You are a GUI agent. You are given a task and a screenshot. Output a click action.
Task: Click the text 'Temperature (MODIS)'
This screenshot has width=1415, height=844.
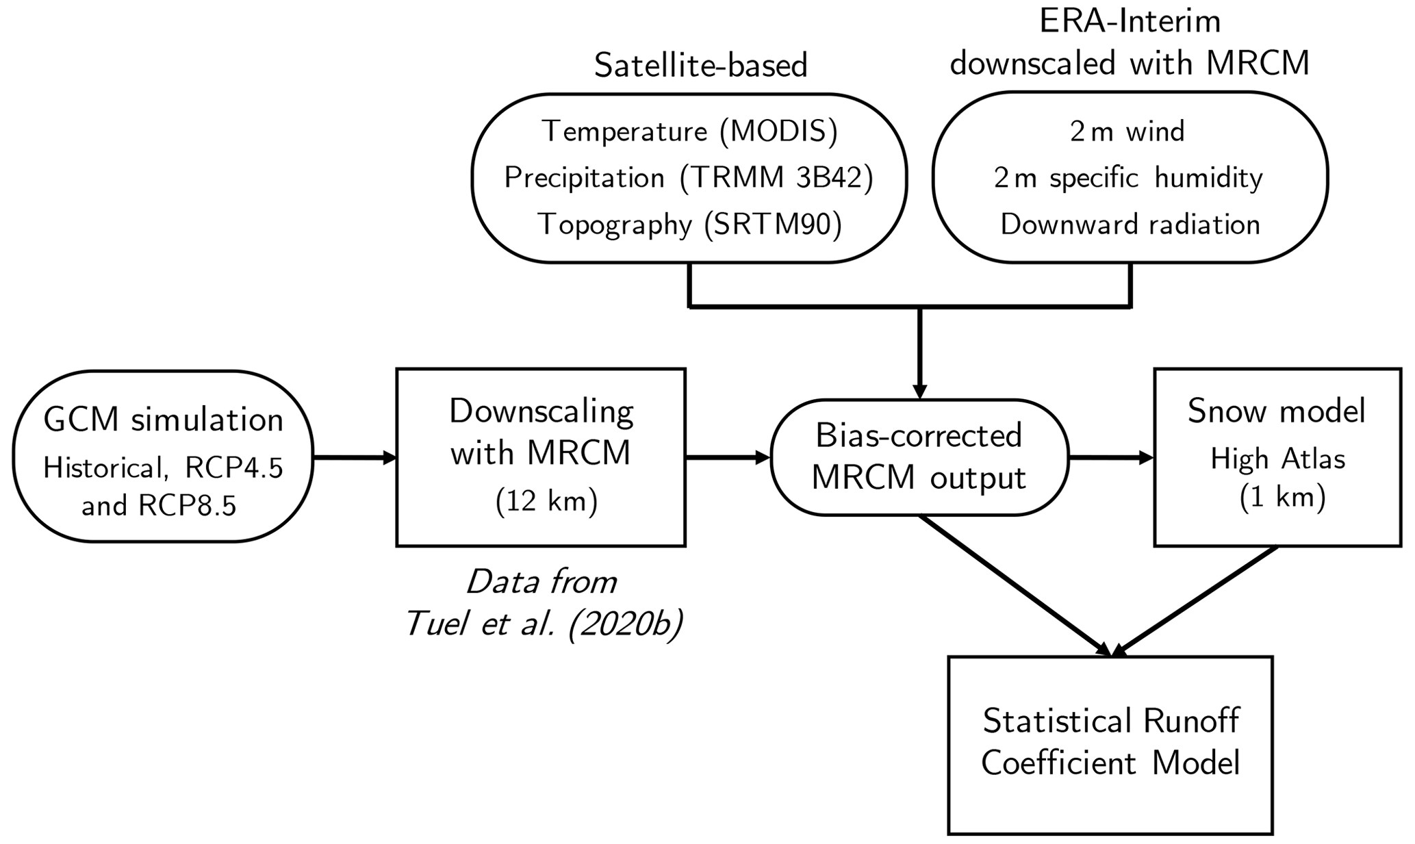click(x=689, y=131)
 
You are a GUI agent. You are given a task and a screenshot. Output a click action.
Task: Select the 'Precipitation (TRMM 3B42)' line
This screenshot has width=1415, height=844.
click(x=689, y=178)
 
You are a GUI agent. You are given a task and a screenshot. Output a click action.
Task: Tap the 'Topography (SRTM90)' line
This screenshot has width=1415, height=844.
click(x=689, y=225)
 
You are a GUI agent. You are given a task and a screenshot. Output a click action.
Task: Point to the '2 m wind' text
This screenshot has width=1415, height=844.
click(x=1127, y=131)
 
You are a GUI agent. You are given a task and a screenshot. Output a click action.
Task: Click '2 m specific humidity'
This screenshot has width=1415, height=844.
click(x=1128, y=178)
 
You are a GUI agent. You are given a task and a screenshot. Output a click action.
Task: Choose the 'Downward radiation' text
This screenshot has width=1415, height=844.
click(x=1130, y=225)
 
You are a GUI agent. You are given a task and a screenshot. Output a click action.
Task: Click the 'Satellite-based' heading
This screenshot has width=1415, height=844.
click(x=700, y=66)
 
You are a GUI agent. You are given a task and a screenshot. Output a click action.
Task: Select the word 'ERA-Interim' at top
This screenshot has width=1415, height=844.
click(x=1130, y=21)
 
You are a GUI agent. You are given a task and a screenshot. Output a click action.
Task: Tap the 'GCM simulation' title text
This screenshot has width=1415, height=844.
click(x=163, y=420)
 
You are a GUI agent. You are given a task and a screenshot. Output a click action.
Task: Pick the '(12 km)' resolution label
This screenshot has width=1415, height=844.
click(x=546, y=502)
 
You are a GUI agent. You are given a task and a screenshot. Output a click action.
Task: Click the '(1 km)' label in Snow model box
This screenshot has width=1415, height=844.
click(x=1282, y=498)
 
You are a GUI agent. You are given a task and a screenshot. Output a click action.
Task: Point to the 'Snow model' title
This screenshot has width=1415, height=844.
click(x=1276, y=411)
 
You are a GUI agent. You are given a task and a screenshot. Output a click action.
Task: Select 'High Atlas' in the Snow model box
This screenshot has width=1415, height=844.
click(x=1277, y=459)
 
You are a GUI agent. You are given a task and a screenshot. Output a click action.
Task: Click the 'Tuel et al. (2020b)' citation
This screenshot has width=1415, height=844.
click(x=544, y=624)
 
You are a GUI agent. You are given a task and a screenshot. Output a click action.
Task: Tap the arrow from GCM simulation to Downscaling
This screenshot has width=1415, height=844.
click(x=355, y=457)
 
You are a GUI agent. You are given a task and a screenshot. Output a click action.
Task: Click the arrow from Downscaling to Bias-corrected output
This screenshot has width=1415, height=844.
click(x=728, y=457)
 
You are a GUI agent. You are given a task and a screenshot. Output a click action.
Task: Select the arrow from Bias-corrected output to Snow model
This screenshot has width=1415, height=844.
click(x=1111, y=457)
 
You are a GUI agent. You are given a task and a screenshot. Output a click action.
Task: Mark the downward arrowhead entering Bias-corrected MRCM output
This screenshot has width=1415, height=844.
click(x=919, y=390)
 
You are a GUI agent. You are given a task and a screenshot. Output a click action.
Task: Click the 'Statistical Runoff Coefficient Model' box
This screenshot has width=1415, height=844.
click(x=1110, y=745)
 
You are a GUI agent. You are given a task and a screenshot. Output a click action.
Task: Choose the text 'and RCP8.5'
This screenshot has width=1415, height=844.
click(x=159, y=506)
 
